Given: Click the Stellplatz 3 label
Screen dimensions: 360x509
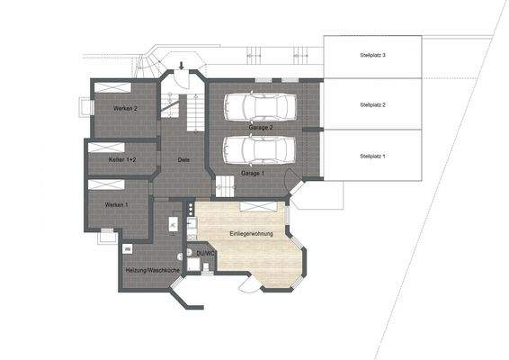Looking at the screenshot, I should [x=372, y=56].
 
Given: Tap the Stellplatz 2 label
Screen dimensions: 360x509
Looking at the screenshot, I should [x=372, y=105].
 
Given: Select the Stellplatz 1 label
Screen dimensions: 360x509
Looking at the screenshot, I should [x=372, y=156].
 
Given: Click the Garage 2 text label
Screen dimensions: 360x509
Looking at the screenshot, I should [x=261, y=128].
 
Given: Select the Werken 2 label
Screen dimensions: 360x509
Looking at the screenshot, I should [x=124, y=108].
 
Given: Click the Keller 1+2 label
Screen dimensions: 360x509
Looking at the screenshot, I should [x=122, y=159].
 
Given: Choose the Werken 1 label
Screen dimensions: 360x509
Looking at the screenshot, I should [x=116, y=205].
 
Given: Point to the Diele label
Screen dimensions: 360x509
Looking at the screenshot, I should [x=183, y=159].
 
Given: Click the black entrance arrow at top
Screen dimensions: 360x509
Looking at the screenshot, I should [x=183, y=66].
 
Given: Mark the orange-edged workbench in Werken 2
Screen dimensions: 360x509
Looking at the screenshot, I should [x=114, y=86].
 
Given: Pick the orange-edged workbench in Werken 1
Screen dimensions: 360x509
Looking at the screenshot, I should [x=105, y=184].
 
